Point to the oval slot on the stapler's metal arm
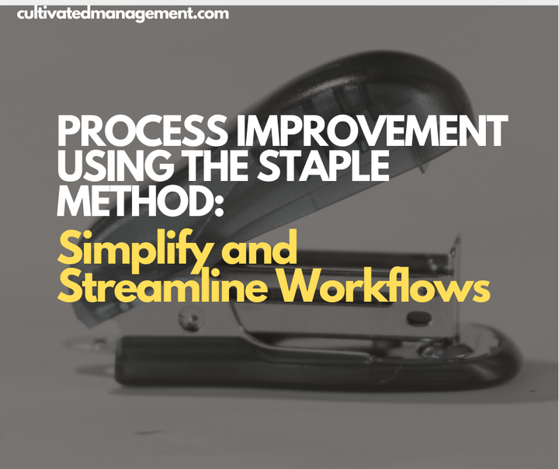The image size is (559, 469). [419, 317]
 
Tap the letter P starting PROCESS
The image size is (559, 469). [68, 134]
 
